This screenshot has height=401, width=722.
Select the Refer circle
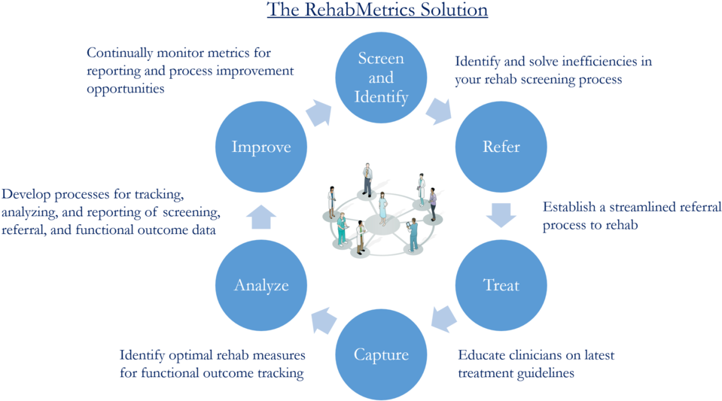501,147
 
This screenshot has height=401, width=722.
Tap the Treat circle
501,285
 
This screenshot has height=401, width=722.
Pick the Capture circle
382,354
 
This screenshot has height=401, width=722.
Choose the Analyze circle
260,285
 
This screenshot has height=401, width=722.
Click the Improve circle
260,147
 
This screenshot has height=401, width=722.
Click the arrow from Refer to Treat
501,214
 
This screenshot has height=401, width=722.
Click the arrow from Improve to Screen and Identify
318,113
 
